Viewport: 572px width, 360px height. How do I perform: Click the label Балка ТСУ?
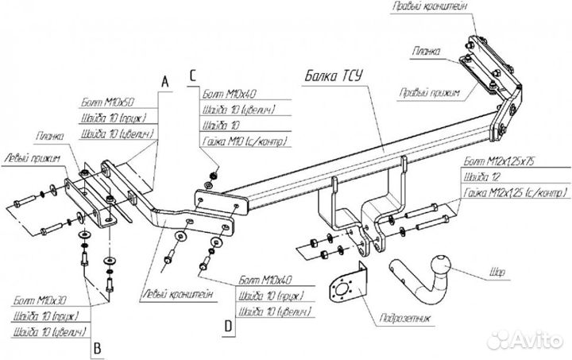(334, 76)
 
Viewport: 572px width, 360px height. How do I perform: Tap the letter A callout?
(164, 81)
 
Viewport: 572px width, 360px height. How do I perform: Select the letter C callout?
(192, 75)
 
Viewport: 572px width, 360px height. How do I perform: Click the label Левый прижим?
(33, 159)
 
